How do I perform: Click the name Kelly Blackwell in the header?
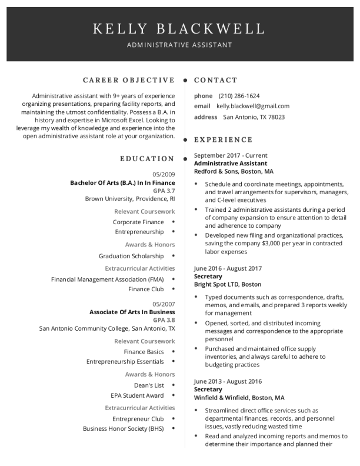coord(179,28)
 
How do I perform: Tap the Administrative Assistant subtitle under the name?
coord(179,45)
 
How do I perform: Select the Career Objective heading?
coord(129,80)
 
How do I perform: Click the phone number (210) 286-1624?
coord(239,95)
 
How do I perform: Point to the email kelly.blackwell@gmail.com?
coord(253,106)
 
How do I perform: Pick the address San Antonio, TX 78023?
coord(254,116)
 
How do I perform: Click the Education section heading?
coord(147,158)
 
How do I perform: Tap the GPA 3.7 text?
coord(164,191)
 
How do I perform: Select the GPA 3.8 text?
coord(164,319)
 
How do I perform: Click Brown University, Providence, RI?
coord(130,199)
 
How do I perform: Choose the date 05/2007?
coord(164,304)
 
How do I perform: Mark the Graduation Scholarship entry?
coord(131,256)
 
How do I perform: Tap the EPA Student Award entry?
coord(137,395)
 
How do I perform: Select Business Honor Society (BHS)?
coord(123,428)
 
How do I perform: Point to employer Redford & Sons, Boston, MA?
coord(234,172)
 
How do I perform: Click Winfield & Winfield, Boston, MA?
coord(239,397)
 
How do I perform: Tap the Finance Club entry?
coord(146,289)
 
